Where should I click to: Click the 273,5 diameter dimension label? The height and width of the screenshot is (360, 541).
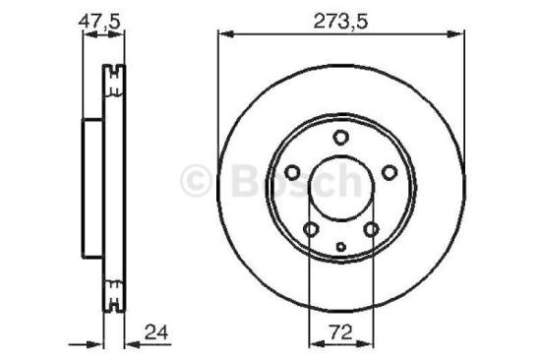click(338, 16)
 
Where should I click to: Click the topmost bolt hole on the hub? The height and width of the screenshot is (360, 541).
click(339, 138)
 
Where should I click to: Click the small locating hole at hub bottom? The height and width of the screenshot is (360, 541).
click(340, 247)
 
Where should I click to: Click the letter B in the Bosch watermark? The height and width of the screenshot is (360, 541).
click(243, 179)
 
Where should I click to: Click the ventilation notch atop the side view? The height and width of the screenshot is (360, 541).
click(115, 71)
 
